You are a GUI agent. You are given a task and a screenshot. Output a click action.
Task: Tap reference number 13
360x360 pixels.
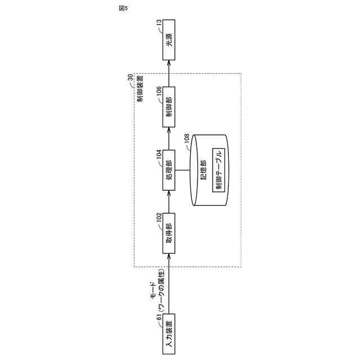[x=159, y=24]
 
